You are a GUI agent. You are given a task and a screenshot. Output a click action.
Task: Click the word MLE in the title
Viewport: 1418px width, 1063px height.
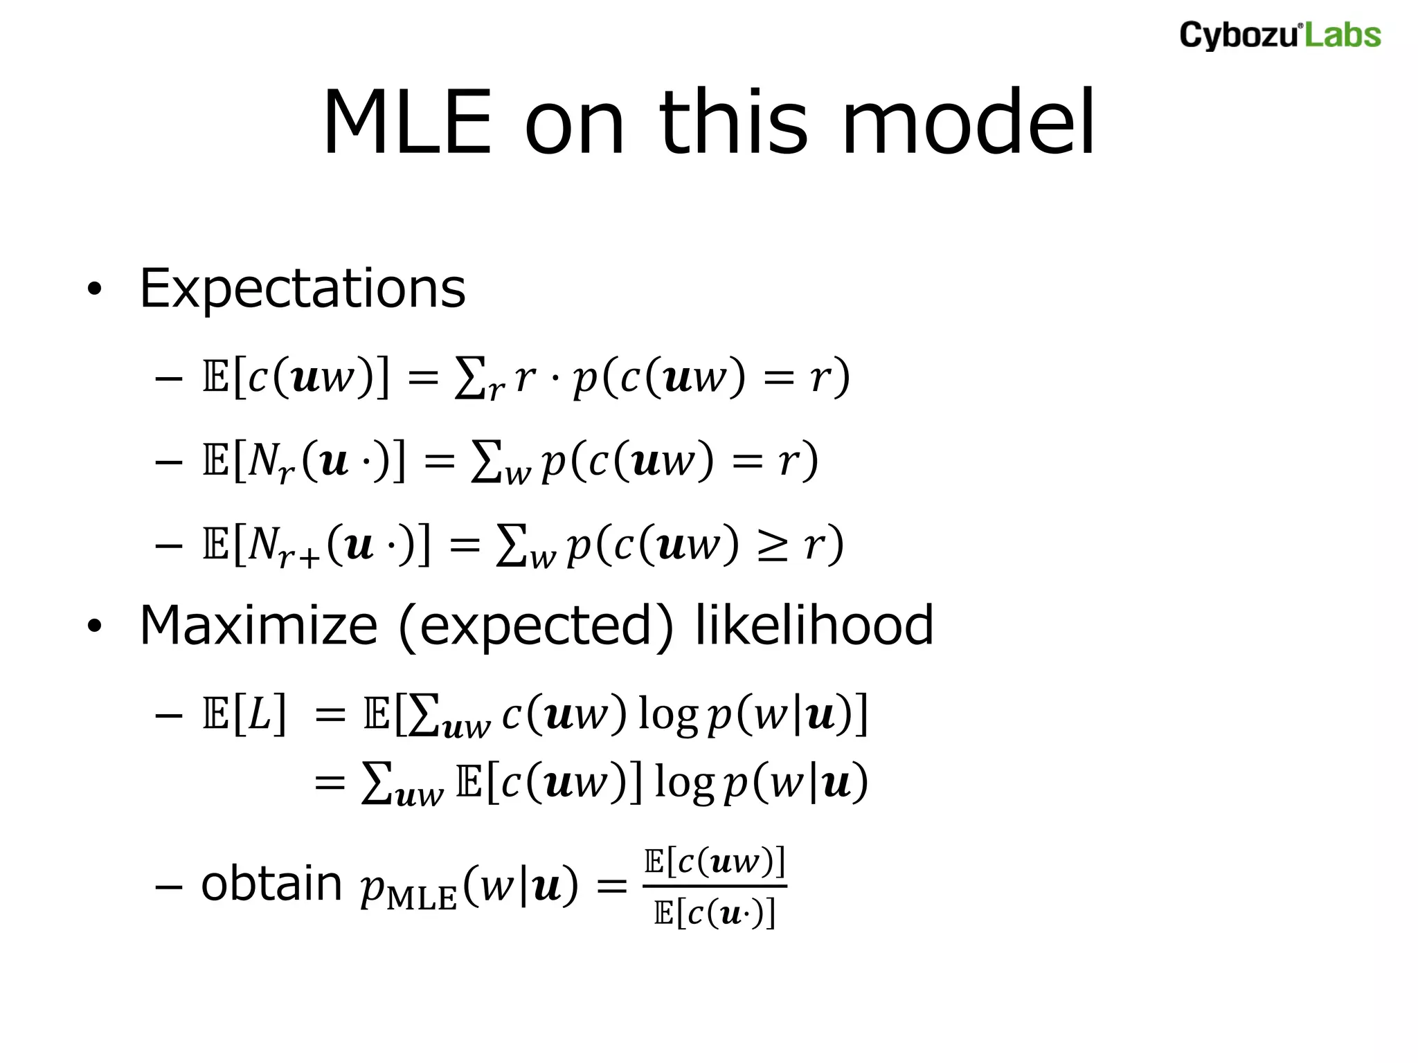point(407,123)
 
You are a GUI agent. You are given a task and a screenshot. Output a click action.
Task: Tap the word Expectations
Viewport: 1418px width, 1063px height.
point(303,289)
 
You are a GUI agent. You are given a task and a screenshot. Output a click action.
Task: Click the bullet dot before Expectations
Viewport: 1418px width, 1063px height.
point(94,290)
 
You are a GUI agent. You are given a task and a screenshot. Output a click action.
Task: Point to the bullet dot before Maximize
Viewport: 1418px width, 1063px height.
point(94,627)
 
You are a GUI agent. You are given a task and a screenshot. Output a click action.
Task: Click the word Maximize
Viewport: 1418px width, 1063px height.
point(258,626)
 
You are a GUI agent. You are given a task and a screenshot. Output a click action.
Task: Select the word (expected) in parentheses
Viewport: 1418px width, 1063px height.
point(536,626)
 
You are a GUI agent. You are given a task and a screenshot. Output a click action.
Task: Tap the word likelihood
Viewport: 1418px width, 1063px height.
point(814,626)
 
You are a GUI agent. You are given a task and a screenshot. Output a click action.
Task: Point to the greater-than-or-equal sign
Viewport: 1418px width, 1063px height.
point(771,545)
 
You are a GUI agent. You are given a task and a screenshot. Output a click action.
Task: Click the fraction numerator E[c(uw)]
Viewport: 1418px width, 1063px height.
point(715,862)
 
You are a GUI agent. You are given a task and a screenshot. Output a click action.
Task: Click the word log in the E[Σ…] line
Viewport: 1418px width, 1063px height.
point(667,714)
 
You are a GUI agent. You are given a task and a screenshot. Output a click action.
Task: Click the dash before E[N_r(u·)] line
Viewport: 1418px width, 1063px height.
point(168,462)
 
